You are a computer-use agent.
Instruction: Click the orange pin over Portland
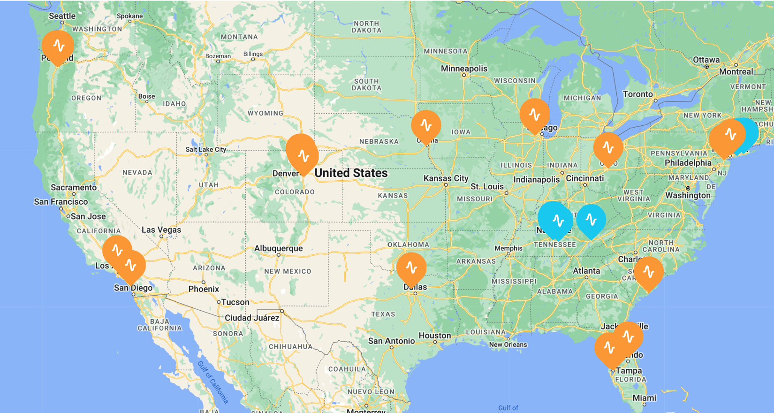[x=58, y=46]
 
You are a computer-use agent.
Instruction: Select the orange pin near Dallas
[x=411, y=268]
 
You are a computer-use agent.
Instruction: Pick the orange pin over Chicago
[x=534, y=114]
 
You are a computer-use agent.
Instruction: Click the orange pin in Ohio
[x=608, y=147]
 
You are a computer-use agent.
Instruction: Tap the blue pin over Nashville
[x=556, y=219]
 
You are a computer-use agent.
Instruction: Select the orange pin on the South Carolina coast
[x=649, y=271]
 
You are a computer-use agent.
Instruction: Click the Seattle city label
[x=62, y=16]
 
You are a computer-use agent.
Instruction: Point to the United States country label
[x=351, y=173]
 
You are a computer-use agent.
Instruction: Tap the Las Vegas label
[x=161, y=230]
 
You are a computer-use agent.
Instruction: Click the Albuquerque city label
[x=278, y=248]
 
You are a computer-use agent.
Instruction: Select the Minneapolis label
[x=464, y=69]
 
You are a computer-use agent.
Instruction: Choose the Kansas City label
[x=446, y=178]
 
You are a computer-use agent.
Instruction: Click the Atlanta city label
[x=586, y=271]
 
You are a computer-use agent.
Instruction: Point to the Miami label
[x=644, y=398]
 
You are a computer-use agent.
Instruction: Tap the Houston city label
[x=434, y=336]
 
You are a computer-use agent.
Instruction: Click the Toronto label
[x=637, y=94]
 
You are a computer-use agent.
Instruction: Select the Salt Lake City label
[x=205, y=149]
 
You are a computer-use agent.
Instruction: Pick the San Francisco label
[x=61, y=202]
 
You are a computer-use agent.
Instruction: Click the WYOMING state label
[x=266, y=113]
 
